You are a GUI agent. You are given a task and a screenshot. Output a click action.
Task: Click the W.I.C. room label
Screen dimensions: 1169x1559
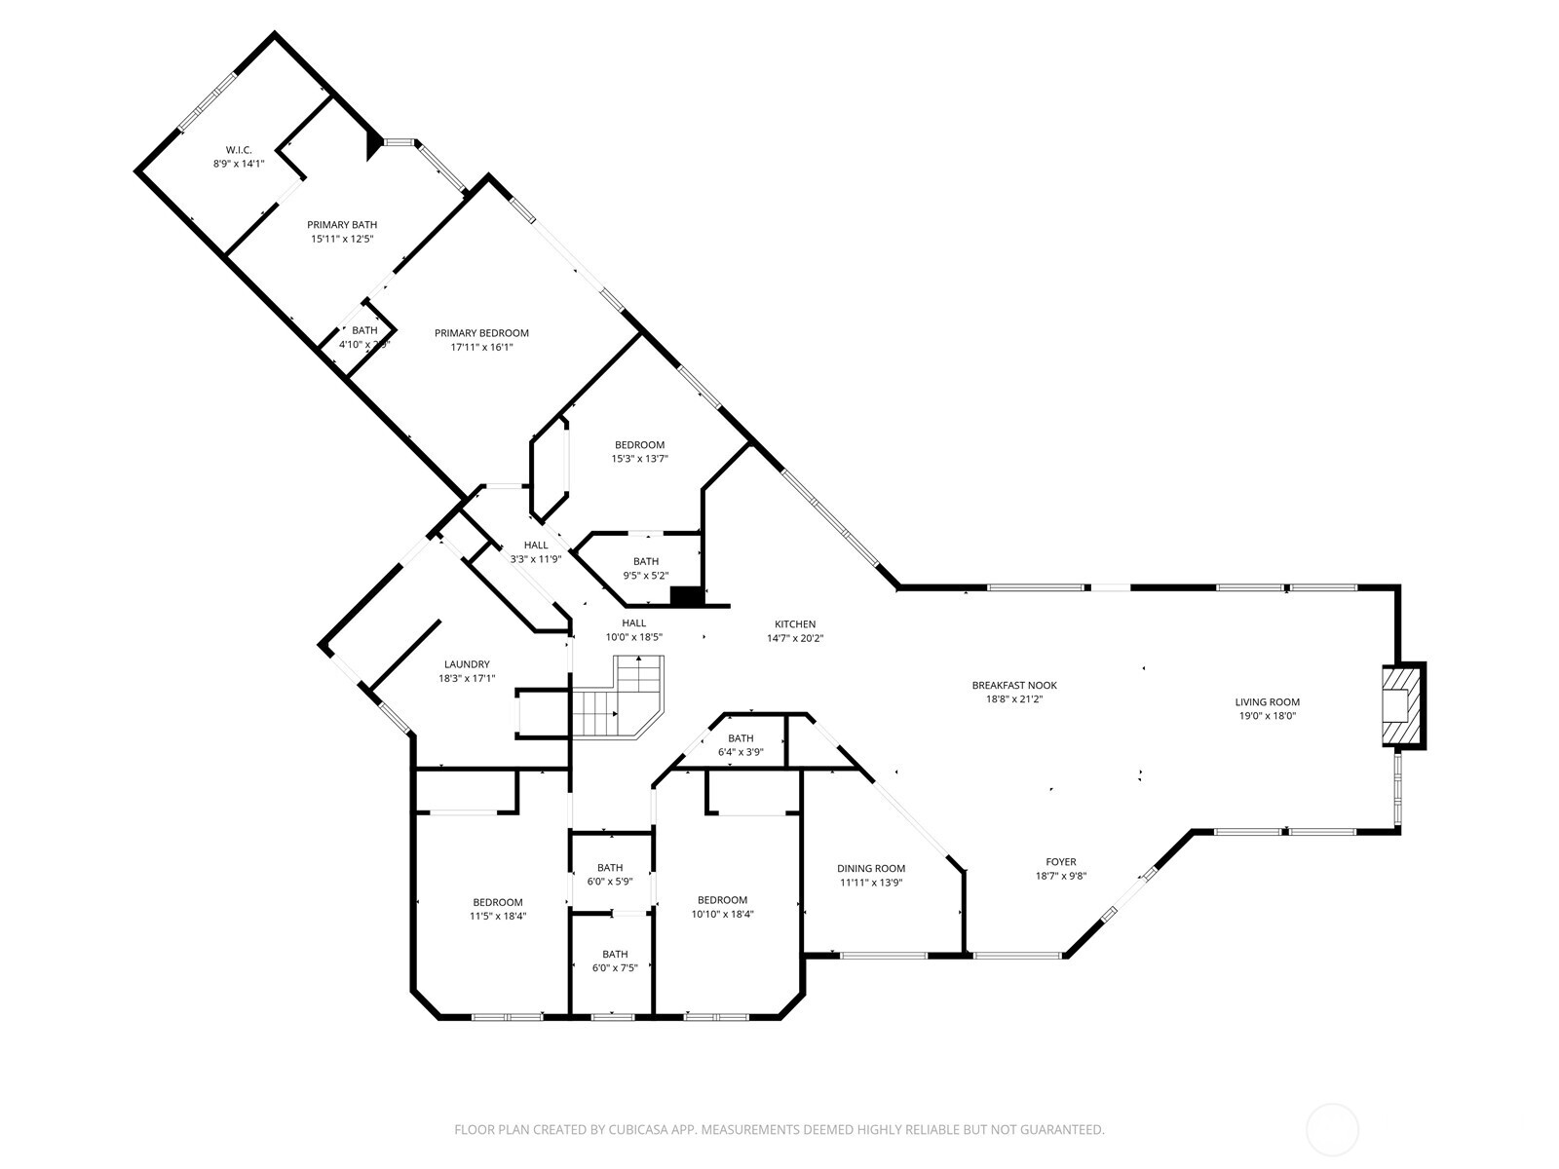(x=239, y=150)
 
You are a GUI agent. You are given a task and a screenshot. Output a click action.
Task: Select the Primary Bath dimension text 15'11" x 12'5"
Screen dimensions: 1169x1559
(x=342, y=239)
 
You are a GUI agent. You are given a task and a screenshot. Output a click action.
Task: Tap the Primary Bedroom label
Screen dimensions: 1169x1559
(x=481, y=333)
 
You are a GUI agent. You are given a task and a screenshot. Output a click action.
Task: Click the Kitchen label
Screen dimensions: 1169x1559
(x=795, y=624)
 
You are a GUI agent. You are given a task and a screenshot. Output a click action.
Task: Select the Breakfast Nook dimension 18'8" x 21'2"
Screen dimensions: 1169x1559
(x=1014, y=699)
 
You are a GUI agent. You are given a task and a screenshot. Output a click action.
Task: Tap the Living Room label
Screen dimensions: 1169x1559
(x=1267, y=702)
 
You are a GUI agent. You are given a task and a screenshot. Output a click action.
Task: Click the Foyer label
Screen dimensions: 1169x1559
(x=1061, y=862)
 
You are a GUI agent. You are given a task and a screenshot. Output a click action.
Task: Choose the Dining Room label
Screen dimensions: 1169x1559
(x=871, y=869)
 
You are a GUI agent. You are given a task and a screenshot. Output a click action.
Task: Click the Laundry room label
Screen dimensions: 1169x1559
(x=467, y=664)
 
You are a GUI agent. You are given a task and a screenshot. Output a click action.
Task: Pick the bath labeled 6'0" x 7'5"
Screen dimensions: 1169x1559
(x=615, y=955)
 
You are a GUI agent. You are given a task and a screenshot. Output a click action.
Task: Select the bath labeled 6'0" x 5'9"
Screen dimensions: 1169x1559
(x=610, y=868)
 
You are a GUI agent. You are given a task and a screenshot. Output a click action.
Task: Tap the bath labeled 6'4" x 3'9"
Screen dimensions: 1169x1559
(x=741, y=738)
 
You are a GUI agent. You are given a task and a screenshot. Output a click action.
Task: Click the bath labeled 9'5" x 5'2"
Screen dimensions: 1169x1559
(x=646, y=561)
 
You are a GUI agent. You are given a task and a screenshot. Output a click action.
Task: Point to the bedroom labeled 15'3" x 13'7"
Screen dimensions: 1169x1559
(x=639, y=445)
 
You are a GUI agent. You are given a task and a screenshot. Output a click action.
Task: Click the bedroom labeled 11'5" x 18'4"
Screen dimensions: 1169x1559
(x=498, y=902)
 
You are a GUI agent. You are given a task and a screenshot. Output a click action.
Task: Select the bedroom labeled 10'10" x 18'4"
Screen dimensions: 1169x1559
(x=722, y=900)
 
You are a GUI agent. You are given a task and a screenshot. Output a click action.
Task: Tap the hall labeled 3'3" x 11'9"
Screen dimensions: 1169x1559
(x=536, y=546)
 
